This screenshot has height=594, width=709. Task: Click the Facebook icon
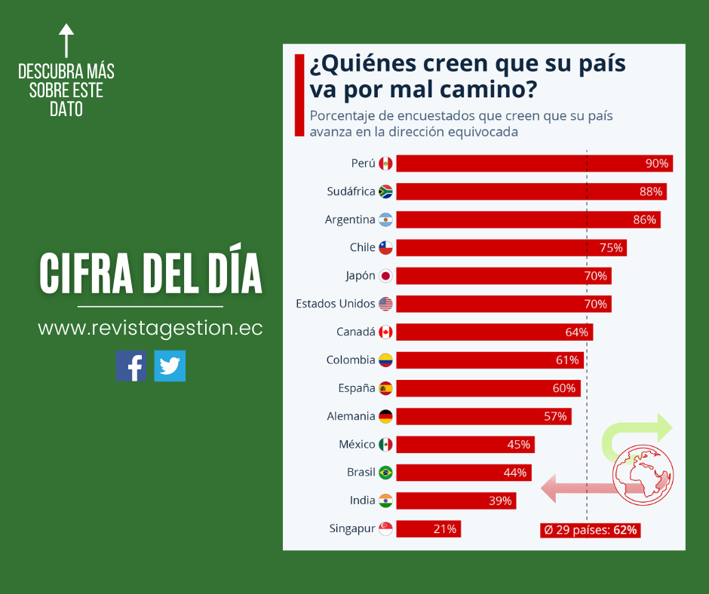tap(131, 366)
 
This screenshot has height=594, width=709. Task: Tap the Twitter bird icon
tap(170, 366)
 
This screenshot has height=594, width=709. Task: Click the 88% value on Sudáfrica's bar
tap(650, 191)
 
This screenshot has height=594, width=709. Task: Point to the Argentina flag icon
tap(385, 220)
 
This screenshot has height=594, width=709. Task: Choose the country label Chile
tap(362, 247)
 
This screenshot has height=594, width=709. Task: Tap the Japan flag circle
tap(385, 276)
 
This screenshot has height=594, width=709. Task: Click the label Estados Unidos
tap(335, 304)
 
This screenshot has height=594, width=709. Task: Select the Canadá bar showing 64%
tap(494, 332)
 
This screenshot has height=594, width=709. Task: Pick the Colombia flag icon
tap(385, 360)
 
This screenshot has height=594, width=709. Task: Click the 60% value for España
tap(563, 388)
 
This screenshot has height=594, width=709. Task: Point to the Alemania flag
tap(385, 416)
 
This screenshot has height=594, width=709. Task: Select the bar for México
tap(465, 445)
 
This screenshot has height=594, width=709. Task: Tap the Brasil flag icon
tap(385, 473)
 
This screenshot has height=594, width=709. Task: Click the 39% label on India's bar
tap(500, 501)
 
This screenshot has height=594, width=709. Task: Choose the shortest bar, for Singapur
tap(428, 529)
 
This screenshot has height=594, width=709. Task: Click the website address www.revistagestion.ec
tap(150, 329)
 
